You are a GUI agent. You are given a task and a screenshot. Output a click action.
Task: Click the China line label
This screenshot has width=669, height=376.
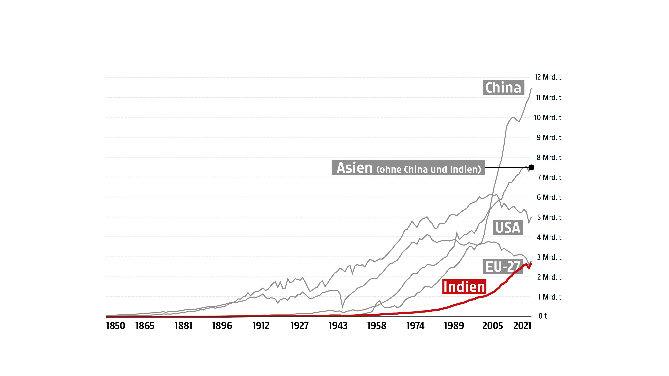(503, 87)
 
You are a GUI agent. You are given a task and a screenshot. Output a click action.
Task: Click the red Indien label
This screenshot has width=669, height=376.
(464, 287)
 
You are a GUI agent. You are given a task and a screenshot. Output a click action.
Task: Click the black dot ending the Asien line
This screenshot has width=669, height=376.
(531, 167)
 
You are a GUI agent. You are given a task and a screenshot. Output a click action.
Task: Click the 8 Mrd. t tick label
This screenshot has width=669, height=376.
(549, 157)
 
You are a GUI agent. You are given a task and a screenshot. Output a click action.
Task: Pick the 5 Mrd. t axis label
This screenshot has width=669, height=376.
(549, 217)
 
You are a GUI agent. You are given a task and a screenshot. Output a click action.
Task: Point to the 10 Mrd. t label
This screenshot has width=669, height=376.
(548, 117)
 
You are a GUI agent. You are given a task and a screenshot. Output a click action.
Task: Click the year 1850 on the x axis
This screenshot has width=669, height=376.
(116, 326)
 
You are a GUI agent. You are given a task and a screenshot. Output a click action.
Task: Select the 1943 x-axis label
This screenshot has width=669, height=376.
(338, 326)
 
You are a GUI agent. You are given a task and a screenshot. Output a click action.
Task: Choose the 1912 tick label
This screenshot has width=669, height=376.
(261, 326)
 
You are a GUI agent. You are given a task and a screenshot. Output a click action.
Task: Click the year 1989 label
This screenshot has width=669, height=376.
(454, 326)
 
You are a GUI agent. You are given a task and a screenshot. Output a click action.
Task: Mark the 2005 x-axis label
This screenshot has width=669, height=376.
(492, 326)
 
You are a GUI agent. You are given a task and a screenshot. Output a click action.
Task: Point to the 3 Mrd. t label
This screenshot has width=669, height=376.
(549, 257)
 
